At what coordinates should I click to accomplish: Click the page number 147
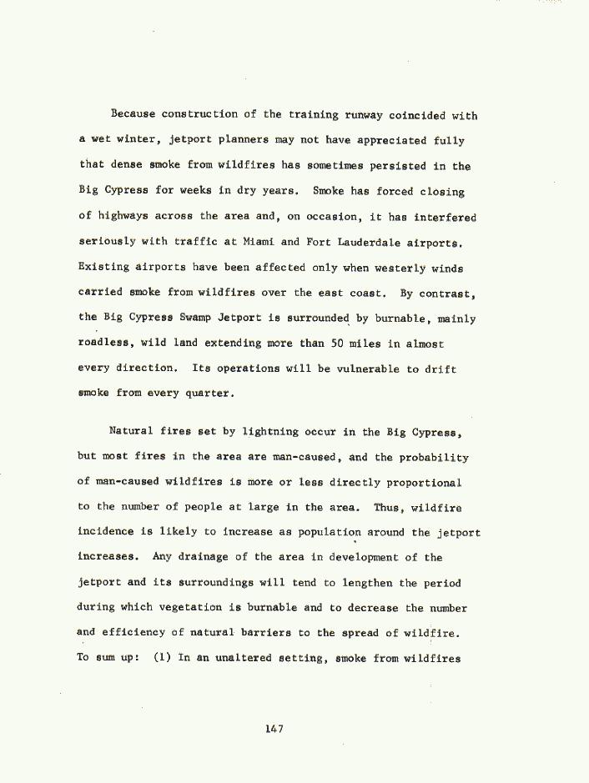pyautogui.click(x=274, y=729)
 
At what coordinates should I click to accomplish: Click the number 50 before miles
pyautogui.click(x=338, y=343)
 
